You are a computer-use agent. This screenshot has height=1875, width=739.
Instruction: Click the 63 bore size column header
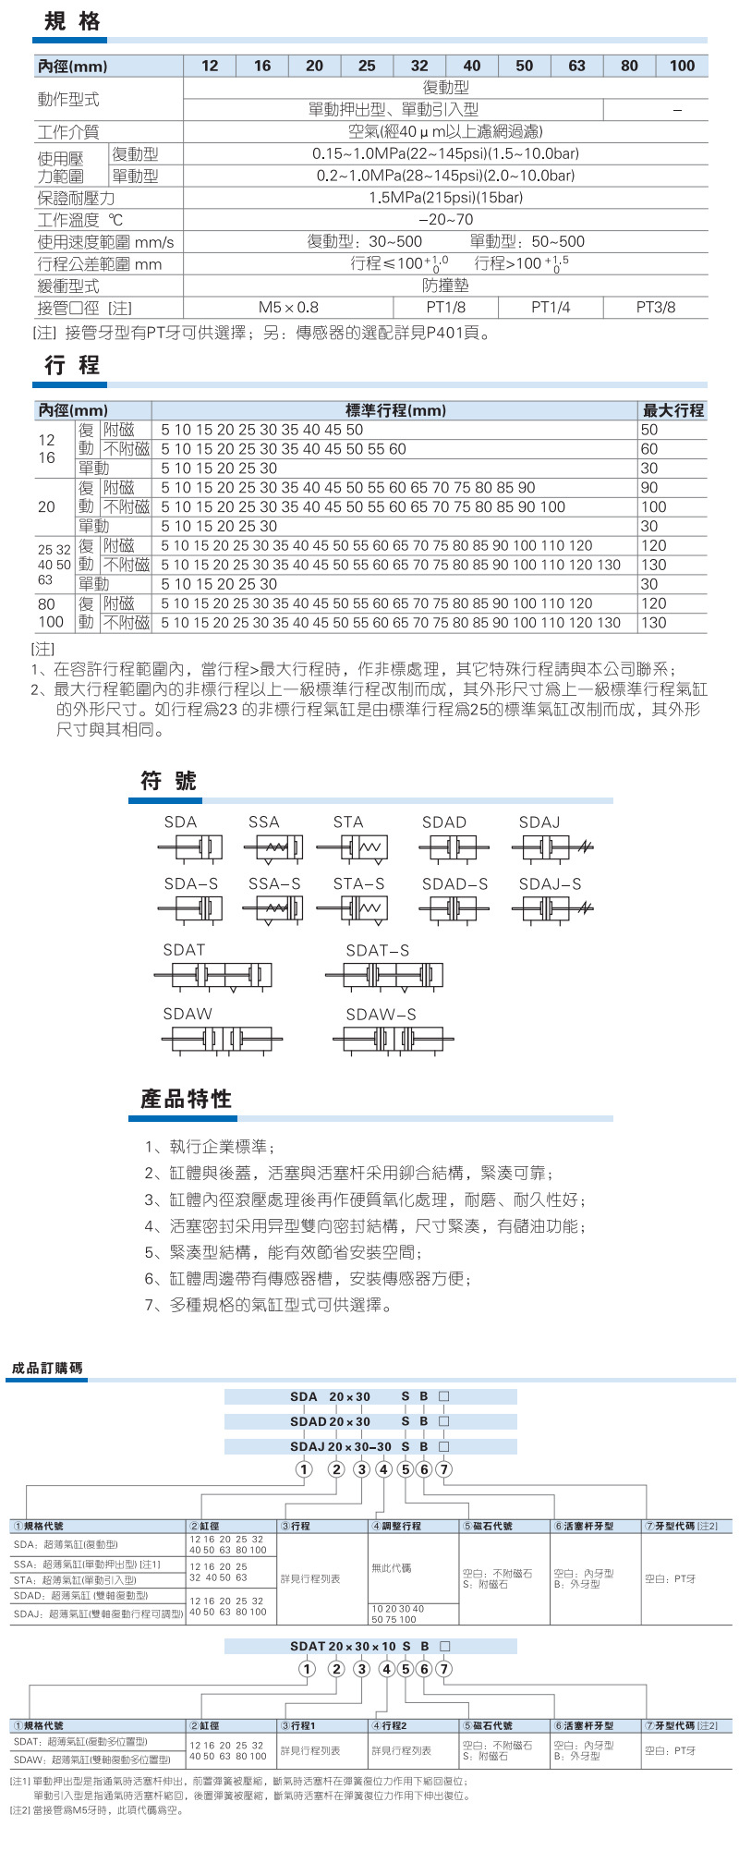tap(577, 66)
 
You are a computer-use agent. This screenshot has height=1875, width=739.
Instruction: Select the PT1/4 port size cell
tap(551, 308)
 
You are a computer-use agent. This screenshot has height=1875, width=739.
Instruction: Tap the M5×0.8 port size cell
tap(288, 308)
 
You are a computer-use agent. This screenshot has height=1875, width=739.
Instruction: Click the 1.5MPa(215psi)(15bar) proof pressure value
tap(445, 198)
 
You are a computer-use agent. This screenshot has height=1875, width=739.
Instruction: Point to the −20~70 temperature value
tap(445, 220)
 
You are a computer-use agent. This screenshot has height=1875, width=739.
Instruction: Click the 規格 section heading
tap(72, 21)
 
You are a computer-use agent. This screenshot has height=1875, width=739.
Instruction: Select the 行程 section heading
tap(72, 365)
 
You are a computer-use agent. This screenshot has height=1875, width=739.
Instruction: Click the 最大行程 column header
tap(673, 410)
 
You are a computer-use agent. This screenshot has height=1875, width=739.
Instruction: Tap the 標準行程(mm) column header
tap(395, 410)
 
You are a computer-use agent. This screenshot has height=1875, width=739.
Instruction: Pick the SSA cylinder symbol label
tap(263, 822)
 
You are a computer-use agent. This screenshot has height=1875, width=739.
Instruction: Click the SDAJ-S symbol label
tap(550, 884)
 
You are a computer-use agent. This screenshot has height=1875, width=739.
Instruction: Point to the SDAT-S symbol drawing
tap(383, 975)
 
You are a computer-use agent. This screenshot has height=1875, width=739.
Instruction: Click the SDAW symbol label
tap(188, 1014)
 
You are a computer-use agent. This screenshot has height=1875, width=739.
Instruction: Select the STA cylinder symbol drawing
tap(352, 847)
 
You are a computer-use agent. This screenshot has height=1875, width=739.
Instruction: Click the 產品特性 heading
tap(186, 1099)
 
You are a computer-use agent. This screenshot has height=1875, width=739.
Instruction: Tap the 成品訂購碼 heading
tap(47, 1368)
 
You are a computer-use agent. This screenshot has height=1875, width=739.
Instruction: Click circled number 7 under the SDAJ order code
tap(444, 1469)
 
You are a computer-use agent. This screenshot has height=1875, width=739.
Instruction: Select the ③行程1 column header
tap(298, 1725)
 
